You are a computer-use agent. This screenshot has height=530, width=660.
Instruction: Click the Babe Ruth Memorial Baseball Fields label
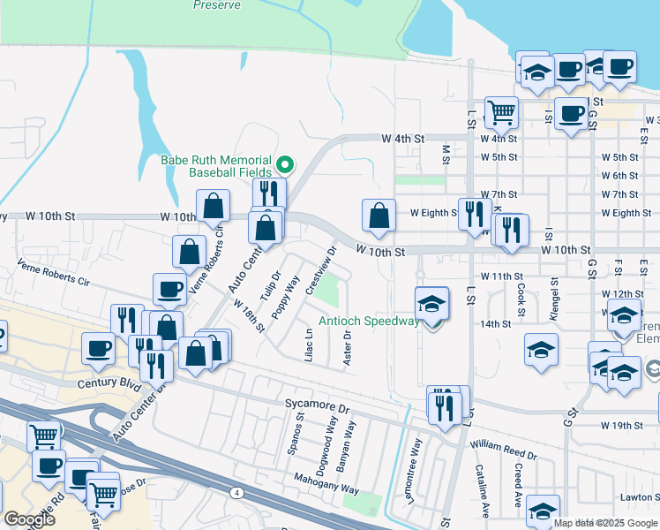pyautogui.click(x=218, y=166)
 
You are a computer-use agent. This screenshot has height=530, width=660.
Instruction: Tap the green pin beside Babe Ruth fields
pyautogui.click(x=285, y=163)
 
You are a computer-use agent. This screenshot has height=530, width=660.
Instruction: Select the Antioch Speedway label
pyautogui.click(x=369, y=322)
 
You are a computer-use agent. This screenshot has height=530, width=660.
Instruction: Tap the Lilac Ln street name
pyautogui.click(x=309, y=345)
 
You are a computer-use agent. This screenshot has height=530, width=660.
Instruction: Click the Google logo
pyautogui.click(x=29, y=519)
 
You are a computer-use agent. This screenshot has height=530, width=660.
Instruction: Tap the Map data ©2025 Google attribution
pyautogui.click(x=605, y=523)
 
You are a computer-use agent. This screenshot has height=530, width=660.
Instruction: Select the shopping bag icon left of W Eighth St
pyautogui.click(x=379, y=216)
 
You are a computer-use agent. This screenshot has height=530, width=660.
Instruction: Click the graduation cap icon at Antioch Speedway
pyautogui.click(x=431, y=305)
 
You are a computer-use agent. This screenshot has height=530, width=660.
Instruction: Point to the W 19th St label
pyautogui.click(x=622, y=426)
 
